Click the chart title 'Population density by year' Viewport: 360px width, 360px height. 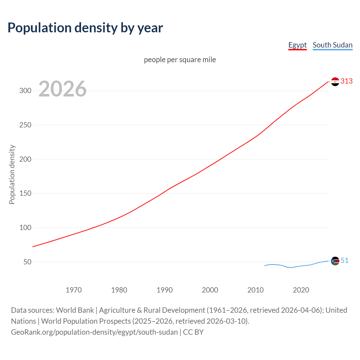click(x=85, y=28)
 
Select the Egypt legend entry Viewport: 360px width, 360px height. click(x=297, y=45)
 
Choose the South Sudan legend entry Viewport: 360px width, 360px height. click(x=332, y=45)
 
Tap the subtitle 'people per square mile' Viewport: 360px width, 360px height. click(x=180, y=60)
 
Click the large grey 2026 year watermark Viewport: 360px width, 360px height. click(x=62, y=89)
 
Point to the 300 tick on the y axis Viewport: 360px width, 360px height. click(x=25, y=91)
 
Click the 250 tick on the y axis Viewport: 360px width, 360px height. click(x=25, y=125)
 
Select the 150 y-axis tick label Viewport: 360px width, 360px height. click(x=25, y=193)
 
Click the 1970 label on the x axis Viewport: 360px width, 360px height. click(x=74, y=290)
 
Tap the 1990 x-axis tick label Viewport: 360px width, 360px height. click(x=165, y=290)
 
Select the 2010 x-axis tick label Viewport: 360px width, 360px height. click(x=255, y=290)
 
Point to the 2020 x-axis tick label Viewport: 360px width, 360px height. click(x=301, y=290)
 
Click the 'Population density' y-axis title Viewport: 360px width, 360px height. click(x=12, y=174)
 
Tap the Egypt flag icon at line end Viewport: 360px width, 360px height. click(x=335, y=82)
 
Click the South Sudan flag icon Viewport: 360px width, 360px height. click(x=335, y=261)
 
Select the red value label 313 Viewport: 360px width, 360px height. click(x=346, y=81)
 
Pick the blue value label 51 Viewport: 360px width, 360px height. click(x=345, y=261)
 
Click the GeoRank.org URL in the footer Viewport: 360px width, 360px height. click(x=94, y=332)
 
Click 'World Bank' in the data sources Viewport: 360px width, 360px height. click(x=75, y=310)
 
